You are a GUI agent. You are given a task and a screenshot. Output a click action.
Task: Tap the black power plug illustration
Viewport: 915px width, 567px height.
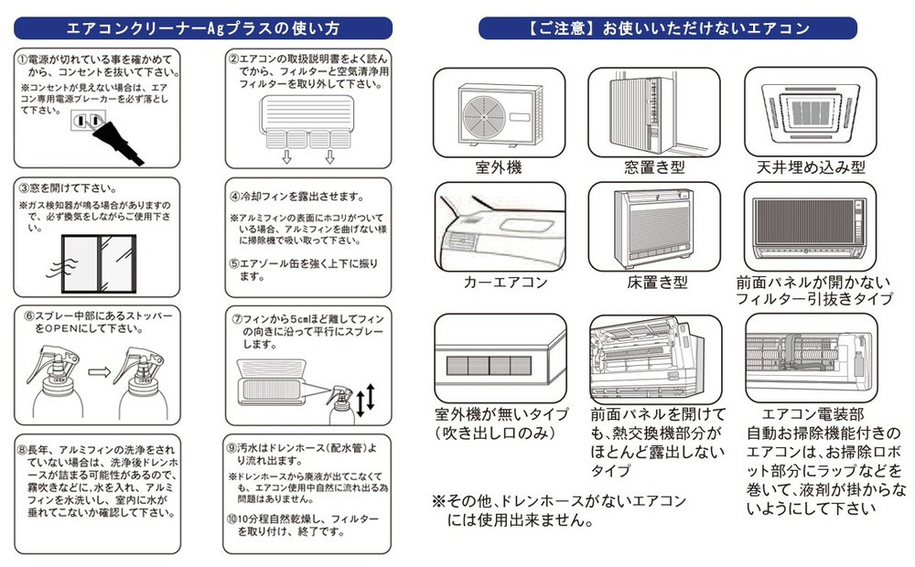click(116, 141)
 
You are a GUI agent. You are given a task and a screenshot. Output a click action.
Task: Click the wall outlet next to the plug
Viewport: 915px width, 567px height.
click(84, 122)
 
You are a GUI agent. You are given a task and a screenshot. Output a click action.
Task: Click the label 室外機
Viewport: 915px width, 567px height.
click(499, 168)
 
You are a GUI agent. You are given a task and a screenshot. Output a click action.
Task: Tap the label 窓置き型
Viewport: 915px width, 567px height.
click(653, 168)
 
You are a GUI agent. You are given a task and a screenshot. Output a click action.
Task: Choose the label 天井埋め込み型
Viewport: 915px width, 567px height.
click(811, 168)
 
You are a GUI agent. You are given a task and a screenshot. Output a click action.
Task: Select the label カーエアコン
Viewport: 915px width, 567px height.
click(506, 282)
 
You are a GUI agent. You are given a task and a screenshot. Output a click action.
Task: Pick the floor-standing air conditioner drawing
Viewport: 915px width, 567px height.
click(653, 225)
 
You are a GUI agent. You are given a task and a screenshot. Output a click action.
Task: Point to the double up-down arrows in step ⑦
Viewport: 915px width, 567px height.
click(364, 401)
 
